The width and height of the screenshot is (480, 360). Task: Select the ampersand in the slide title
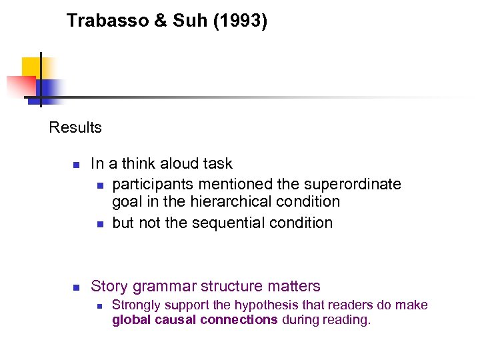pos(161,21)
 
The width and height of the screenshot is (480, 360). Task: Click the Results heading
pos(75,127)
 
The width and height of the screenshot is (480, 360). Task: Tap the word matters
pos(294,287)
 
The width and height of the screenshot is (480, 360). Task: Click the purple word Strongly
pos(137,305)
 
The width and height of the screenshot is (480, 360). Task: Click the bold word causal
pos(169,320)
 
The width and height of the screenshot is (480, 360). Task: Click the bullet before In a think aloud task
pos(77,165)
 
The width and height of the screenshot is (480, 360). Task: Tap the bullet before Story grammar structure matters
pos(77,288)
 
